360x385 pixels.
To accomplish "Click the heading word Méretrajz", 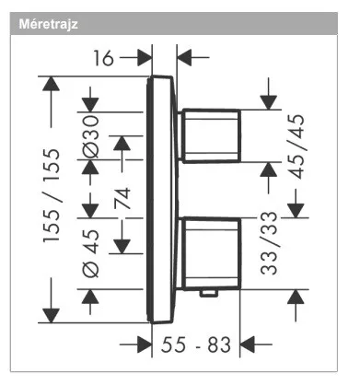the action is click(x=49, y=24).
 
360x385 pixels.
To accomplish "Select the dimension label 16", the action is click(x=103, y=58).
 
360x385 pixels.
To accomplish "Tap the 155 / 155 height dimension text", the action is click(x=52, y=195).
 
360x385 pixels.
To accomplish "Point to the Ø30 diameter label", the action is click(x=91, y=136).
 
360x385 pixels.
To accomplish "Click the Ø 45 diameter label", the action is click(x=91, y=253).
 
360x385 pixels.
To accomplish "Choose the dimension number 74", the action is click(x=122, y=198).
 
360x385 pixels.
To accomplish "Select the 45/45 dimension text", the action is click(x=297, y=146).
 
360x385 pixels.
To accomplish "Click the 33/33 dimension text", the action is click(x=269, y=243).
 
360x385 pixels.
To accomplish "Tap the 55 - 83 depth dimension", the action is click(x=196, y=344).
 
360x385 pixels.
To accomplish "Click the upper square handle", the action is click(x=211, y=135).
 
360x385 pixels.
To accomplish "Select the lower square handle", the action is click(x=211, y=253).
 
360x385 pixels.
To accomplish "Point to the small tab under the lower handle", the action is click(x=209, y=294).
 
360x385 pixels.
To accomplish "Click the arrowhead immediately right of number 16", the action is click(x=145, y=57).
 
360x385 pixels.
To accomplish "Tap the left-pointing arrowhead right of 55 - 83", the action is click(x=248, y=344).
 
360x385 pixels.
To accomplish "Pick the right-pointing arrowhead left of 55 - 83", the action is click(x=145, y=344).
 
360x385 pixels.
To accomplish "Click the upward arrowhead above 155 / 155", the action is click(x=51, y=84).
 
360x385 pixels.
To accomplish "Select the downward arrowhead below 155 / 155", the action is click(x=51, y=316).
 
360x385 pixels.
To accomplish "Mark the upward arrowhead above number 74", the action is click(x=122, y=143).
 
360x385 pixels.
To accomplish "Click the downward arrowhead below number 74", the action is click(x=122, y=247).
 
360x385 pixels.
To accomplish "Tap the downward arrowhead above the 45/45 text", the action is click(x=269, y=102).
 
